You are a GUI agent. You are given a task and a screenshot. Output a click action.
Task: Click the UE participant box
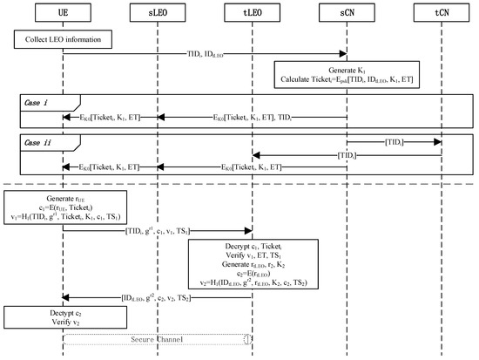click(63, 11)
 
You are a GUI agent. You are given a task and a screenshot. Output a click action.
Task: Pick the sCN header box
click(347, 11)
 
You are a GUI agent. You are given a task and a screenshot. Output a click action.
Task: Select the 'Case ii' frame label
click(41, 139)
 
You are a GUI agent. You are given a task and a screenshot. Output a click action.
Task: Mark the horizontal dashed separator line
click(239, 185)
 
